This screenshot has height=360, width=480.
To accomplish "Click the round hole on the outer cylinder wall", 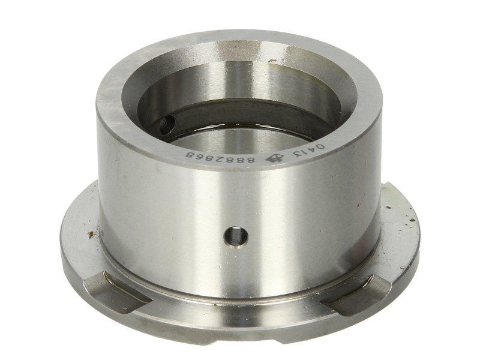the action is click(236, 236).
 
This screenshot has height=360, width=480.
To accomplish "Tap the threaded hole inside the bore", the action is click(167, 125).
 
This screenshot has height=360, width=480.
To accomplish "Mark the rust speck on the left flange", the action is click(91, 234).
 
